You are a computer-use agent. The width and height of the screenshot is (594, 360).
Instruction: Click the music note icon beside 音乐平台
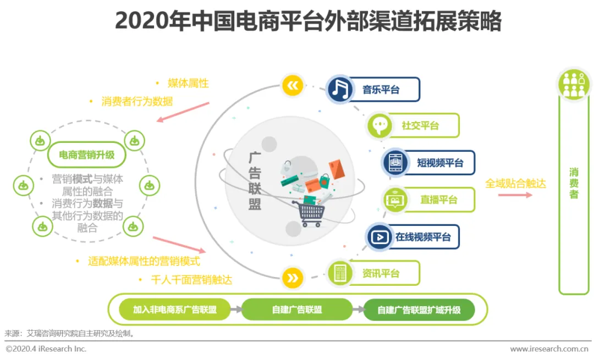[x=340, y=89]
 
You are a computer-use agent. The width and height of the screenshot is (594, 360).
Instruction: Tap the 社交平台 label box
[x=420, y=125]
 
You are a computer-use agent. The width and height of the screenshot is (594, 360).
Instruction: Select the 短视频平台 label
[x=439, y=163]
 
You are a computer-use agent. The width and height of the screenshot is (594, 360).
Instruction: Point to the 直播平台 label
[x=438, y=200]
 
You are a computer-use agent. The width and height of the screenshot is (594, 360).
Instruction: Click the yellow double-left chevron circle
[x=293, y=85]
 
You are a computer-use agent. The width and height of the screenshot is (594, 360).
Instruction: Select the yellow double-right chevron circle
[x=293, y=278]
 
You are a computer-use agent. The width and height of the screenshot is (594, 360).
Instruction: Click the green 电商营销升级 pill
[x=87, y=155]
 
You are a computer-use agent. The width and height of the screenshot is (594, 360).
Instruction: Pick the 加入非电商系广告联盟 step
[x=175, y=309]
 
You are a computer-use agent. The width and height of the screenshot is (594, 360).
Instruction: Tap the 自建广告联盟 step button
[x=297, y=309]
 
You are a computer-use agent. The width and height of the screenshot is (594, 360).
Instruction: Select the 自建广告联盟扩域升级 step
[x=419, y=309]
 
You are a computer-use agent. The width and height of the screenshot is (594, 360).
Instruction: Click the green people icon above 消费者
[x=574, y=85]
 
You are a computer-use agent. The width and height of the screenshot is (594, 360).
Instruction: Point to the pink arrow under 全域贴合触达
[x=514, y=195]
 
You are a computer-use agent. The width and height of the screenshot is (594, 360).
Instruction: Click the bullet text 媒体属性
[x=188, y=84]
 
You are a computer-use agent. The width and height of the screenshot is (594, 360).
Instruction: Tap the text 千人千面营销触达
[x=191, y=280]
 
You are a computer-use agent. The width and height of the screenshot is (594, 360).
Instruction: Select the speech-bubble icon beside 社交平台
[x=380, y=126]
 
